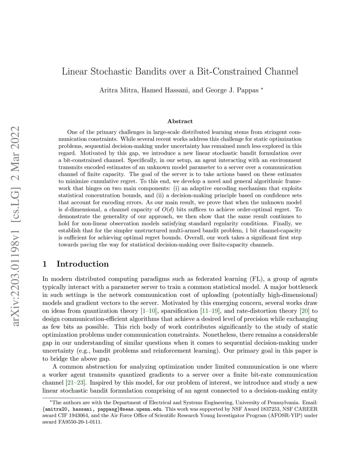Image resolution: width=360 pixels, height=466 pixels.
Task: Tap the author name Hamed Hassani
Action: [x=166, y=90]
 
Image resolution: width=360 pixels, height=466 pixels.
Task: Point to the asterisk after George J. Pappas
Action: [x=262, y=89]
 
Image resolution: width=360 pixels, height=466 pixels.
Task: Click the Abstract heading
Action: [x=180, y=121]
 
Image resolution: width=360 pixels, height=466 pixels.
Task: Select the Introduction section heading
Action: [x=83, y=264]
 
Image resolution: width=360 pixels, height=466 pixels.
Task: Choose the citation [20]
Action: [x=304, y=311]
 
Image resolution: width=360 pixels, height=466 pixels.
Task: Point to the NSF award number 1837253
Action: [x=269, y=409]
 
